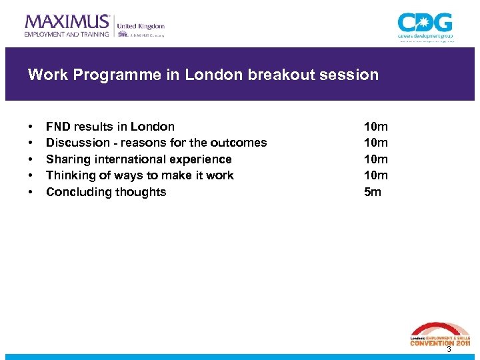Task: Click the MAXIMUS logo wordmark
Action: pos(67,21)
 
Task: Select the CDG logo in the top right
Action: pos(425,25)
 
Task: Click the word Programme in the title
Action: pos(111,75)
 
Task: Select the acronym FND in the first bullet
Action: pos(58,127)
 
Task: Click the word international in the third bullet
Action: pos(136,159)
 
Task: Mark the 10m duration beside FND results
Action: pos(375,127)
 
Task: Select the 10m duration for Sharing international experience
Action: pos(375,159)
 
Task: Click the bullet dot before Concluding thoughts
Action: pos(31,193)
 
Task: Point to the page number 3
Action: pos(449,349)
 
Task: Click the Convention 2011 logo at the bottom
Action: pos(439,335)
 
